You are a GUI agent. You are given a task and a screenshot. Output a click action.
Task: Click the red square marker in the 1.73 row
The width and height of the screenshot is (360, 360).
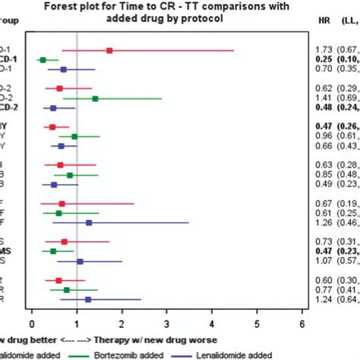[x=109, y=50]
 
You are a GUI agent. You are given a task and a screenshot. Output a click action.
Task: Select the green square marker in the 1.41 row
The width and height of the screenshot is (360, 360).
[x=95, y=99]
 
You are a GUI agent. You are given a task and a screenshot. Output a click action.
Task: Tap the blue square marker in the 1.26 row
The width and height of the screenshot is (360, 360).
[x=89, y=223]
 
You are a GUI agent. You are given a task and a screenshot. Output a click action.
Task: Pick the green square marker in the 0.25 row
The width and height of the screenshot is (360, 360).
[x=43, y=59]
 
